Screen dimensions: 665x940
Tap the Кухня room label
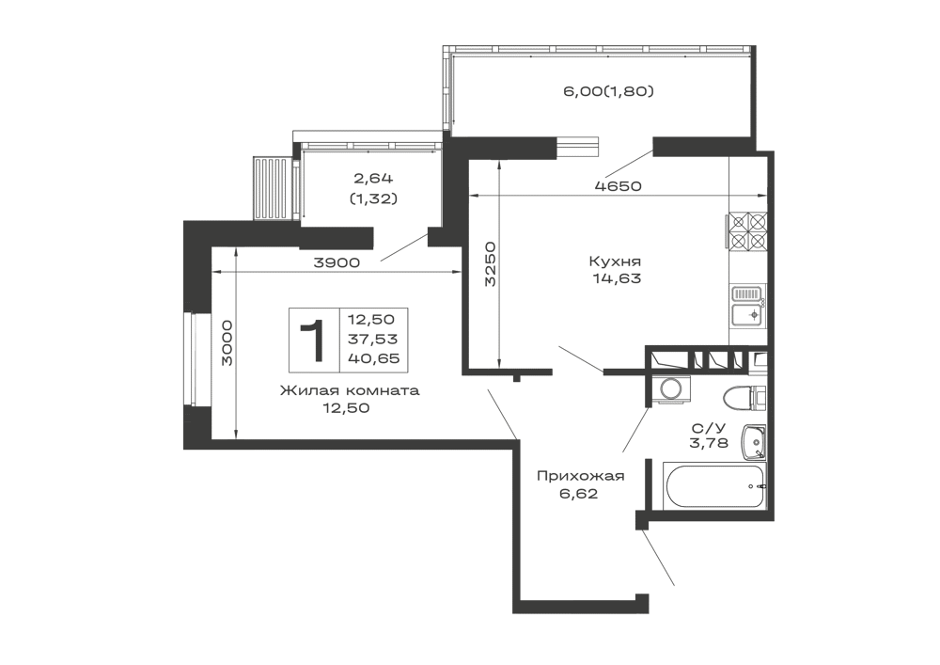[616, 261]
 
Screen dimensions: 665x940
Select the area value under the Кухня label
[616, 279]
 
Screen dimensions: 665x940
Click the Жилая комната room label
[349, 391]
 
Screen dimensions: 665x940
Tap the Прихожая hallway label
[580, 476]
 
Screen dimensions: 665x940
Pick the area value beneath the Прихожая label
[580, 492]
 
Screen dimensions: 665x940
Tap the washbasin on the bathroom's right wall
[754, 442]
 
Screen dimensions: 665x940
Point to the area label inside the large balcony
[607, 91]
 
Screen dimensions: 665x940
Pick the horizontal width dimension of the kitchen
[616, 186]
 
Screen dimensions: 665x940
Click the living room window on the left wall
[198, 358]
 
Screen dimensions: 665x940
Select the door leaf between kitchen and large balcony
[628, 159]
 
